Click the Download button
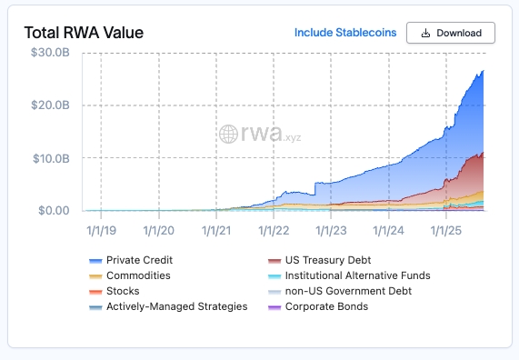(451, 33)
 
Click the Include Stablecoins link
(345, 33)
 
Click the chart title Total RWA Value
(84, 33)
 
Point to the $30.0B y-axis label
(50, 53)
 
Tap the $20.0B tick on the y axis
(50, 105)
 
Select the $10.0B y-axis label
(51, 158)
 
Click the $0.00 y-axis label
(54, 210)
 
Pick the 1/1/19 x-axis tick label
(101, 231)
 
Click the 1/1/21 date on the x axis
(216, 231)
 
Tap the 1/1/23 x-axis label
(331, 231)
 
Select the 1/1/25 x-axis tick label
(446, 231)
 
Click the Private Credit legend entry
(131, 260)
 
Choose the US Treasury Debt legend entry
(319, 260)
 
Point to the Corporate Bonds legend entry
(318, 306)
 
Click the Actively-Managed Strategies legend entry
(168, 306)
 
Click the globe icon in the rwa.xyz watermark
(228, 135)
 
